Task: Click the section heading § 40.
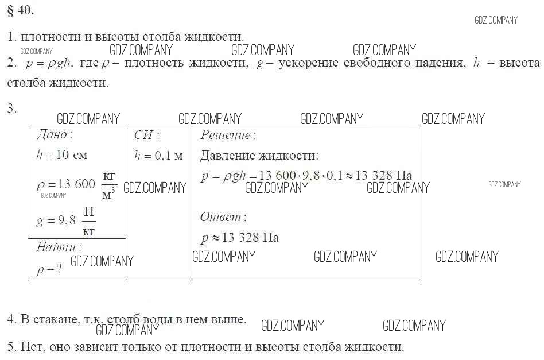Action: [x=21, y=11]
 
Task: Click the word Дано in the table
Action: [x=52, y=134]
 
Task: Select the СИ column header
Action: [x=143, y=135]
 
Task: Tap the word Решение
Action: [x=226, y=135]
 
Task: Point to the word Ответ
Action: [x=221, y=217]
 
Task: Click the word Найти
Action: [x=56, y=247]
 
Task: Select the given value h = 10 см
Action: [x=62, y=155]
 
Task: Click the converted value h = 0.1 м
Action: [x=158, y=156]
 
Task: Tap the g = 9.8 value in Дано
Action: [x=56, y=220]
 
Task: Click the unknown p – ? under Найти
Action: [x=49, y=269]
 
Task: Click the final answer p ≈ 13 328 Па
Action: [x=240, y=238]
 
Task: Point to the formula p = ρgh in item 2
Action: [x=48, y=63]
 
